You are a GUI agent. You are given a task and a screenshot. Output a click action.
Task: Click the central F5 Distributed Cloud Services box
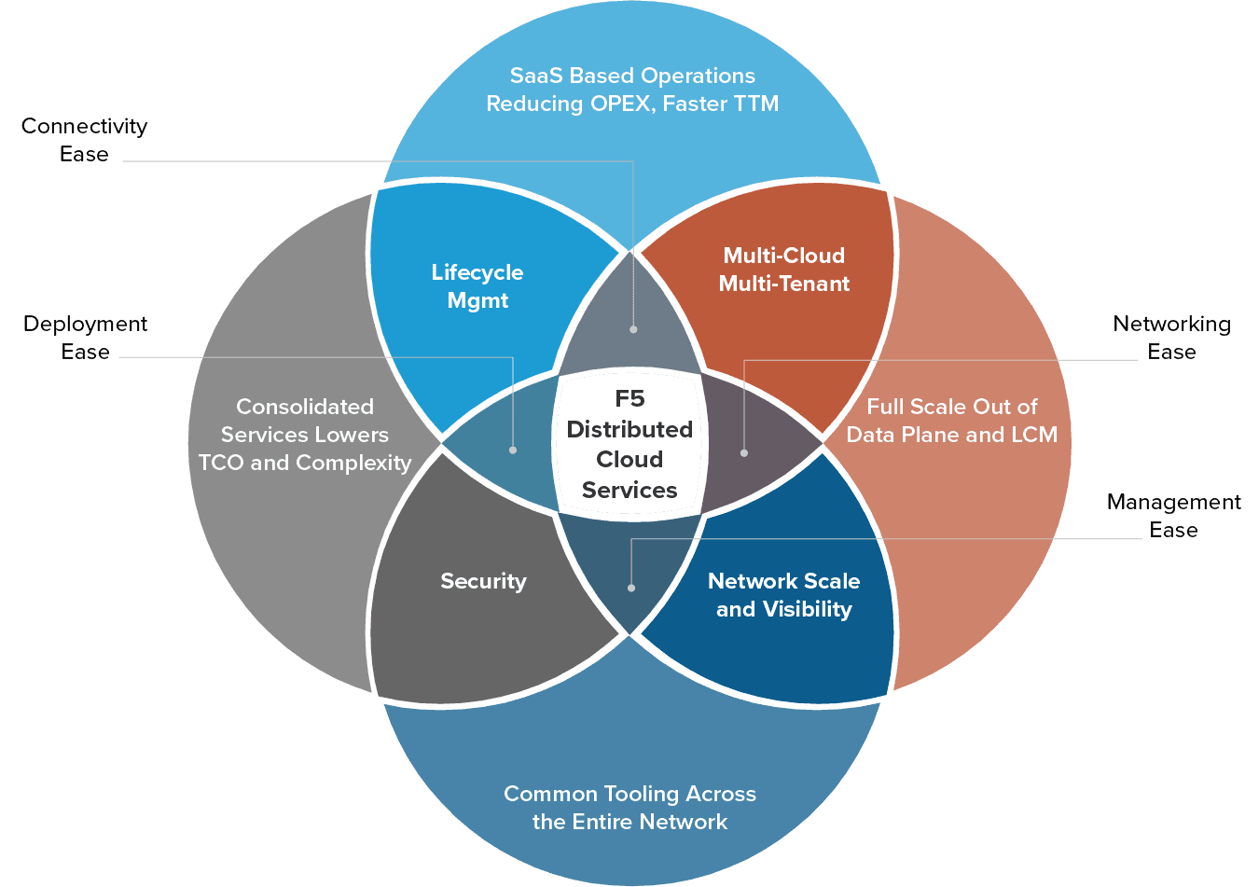629,444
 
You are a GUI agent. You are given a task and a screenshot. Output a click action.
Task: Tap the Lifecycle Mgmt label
477,286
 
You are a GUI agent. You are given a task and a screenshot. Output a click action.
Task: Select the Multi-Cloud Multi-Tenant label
783,270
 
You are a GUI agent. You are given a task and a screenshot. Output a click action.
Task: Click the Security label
483,581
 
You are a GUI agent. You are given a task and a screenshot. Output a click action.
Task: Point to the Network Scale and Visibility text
783,595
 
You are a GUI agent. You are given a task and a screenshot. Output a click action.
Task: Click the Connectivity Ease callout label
84,140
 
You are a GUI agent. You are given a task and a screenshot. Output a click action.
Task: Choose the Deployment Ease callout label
85,338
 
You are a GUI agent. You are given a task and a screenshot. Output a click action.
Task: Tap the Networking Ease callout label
1171,338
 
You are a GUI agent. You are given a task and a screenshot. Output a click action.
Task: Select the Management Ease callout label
1173,516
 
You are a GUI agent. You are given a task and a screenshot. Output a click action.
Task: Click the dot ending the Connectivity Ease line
633,329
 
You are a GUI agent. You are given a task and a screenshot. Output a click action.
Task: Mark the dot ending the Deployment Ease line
513,450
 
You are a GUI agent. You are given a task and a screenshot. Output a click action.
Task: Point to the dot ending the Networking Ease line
744,453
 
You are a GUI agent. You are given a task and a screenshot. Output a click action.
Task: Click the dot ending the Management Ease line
631,588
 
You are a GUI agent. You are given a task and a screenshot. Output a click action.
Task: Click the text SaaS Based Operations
632,76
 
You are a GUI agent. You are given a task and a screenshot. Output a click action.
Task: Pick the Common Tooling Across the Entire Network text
629,808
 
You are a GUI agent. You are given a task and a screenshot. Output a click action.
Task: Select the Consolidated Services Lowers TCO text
305,435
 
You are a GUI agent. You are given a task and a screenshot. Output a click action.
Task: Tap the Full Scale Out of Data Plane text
951,421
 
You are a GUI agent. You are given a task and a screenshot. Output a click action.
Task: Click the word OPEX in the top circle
622,104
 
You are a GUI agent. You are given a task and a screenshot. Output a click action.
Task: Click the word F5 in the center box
629,399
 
